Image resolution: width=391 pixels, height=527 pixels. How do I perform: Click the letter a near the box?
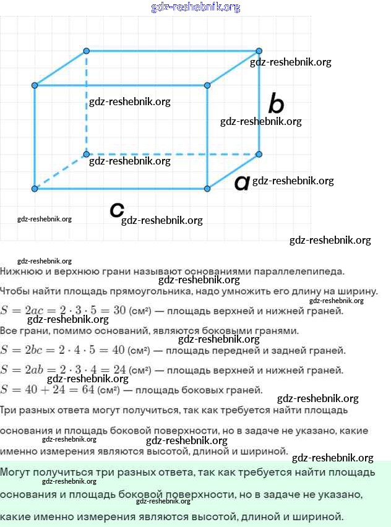(241, 182)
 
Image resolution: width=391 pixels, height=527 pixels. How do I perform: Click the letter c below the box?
(116, 210)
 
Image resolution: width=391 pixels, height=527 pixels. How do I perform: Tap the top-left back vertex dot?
(87, 51)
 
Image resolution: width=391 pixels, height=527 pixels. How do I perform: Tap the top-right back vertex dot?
(259, 51)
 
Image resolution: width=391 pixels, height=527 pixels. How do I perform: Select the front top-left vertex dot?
(35, 85)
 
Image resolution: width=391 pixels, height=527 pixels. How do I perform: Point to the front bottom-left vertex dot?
(35, 188)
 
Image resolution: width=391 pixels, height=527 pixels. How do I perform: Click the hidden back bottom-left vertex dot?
(87, 154)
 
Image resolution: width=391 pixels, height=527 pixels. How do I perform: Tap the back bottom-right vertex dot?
(259, 154)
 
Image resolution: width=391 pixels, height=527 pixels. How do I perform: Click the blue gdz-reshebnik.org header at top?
(195, 7)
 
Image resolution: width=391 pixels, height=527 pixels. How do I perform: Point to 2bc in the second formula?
(37, 350)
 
